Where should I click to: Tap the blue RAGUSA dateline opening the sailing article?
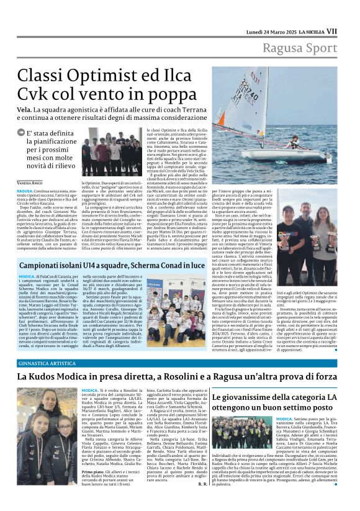[x=25, y=191]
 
